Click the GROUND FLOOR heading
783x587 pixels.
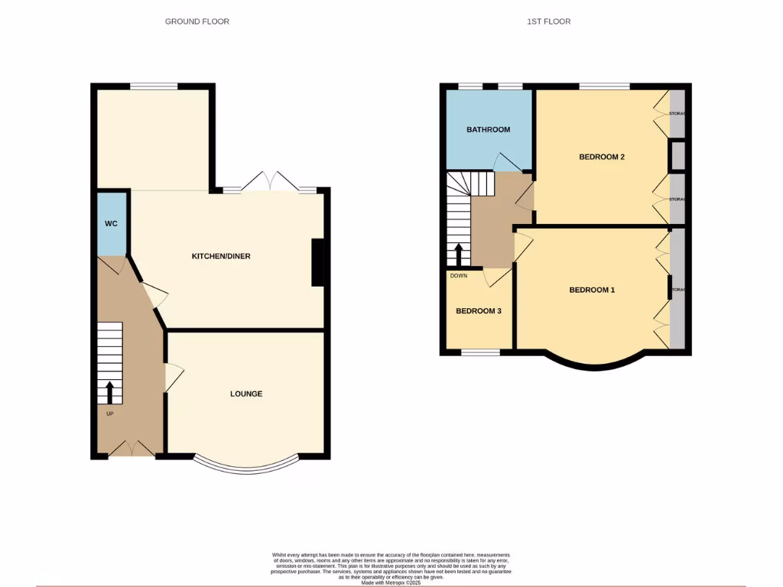pyautogui.click(x=197, y=21)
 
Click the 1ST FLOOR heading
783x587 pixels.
pyautogui.click(x=548, y=21)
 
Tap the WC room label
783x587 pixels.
pyautogui.click(x=111, y=224)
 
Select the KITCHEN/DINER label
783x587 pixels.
pyautogui.click(x=221, y=256)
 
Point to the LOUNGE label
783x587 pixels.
pyautogui.click(x=246, y=394)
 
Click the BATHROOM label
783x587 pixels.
pyautogui.click(x=488, y=130)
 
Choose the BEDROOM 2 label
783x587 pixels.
pyautogui.click(x=602, y=157)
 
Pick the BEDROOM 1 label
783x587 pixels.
pyautogui.click(x=592, y=290)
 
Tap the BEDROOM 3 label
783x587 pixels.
pyautogui.click(x=479, y=311)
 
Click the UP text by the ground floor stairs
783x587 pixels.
pyautogui.click(x=110, y=413)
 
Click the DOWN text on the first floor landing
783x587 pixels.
pyautogui.click(x=459, y=276)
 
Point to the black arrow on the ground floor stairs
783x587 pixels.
pyautogui.click(x=109, y=392)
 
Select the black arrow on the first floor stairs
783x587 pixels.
pyautogui.click(x=459, y=255)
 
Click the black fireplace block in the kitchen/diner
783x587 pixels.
pyautogui.click(x=317, y=263)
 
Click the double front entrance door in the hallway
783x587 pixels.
pyautogui.click(x=132, y=450)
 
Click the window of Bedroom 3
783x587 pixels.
pyautogui.click(x=481, y=352)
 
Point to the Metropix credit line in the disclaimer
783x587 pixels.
pyautogui.click(x=391, y=582)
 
